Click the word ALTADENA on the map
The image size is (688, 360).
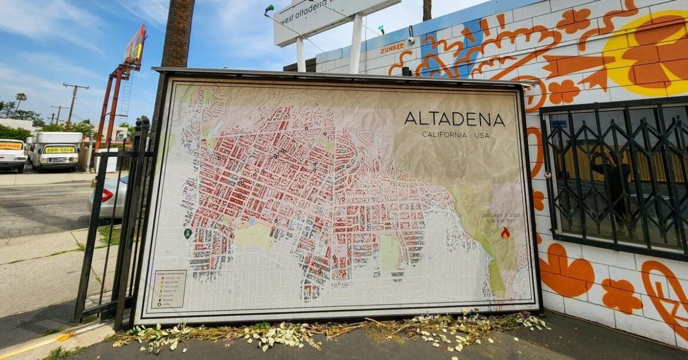coord(454,119)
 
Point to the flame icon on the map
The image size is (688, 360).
coord(505,233)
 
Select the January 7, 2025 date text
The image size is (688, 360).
coord(501,218)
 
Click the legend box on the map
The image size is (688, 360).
coord(168,289)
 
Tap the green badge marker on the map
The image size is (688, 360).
coord(188,234)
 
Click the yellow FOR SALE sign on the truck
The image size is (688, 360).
coord(60,149)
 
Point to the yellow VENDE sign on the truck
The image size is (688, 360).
coord(10,146)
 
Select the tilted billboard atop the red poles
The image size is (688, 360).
coord(135,45)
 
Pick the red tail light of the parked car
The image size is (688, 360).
coord(106,195)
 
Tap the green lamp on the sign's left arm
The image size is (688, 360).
coord(269,9)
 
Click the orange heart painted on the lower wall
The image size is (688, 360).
coord(566,272)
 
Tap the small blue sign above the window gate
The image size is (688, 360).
coord(558,124)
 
